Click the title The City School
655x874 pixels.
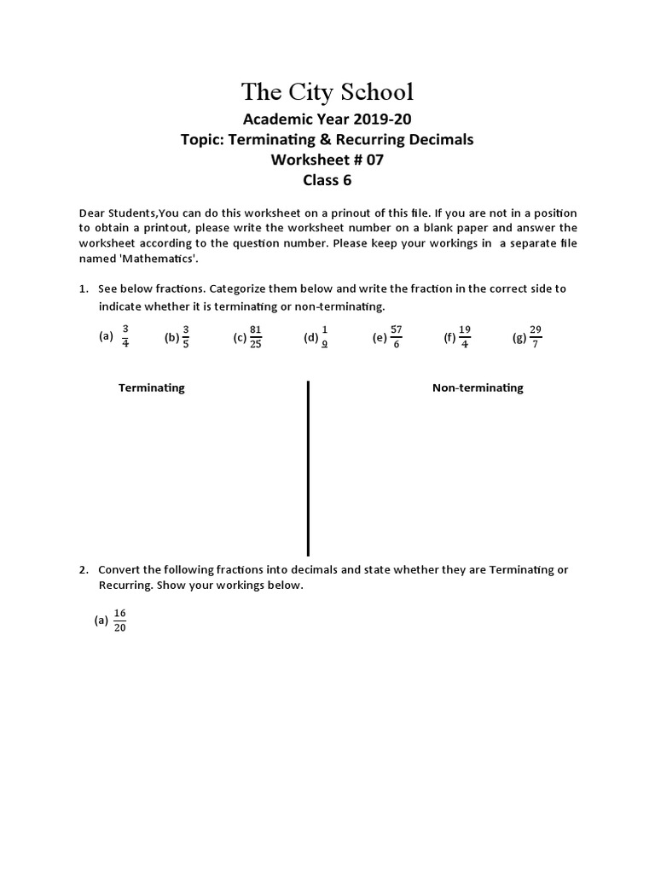(x=327, y=92)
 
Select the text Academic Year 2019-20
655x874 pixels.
(x=327, y=119)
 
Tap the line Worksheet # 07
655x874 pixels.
(x=327, y=160)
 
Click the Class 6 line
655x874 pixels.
(x=327, y=180)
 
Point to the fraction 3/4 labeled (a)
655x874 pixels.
(x=125, y=336)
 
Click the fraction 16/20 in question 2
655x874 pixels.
(x=119, y=621)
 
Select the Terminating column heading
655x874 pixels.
(x=152, y=387)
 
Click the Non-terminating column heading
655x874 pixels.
(x=478, y=387)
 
